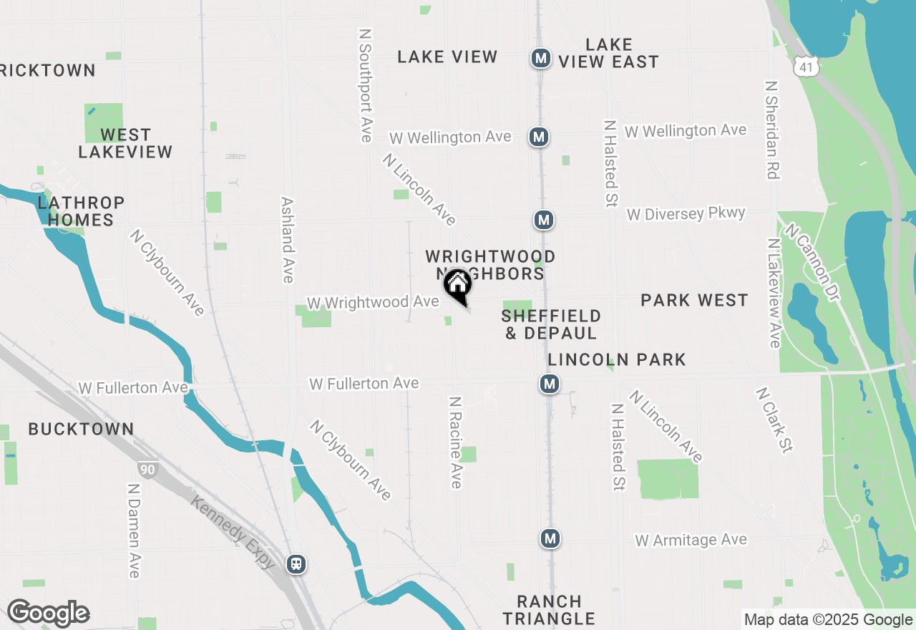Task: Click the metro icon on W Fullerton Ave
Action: point(550,384)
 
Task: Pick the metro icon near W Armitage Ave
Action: point(550,538)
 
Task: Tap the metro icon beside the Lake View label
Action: point(540,58)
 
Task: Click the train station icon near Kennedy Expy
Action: point(296,563)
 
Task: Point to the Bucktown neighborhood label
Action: point(81,430)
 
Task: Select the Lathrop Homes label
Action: point(81,211)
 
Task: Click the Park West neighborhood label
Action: point(694,301)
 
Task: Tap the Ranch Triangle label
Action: point(549,610)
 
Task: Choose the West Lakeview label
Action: point(125,143)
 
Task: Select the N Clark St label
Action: point(774,420)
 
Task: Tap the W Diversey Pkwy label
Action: point(686,214)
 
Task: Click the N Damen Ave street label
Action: point(133,530)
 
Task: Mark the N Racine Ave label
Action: point(455,442)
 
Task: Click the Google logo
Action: point(48,614)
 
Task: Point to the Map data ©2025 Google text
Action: point(828,620)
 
